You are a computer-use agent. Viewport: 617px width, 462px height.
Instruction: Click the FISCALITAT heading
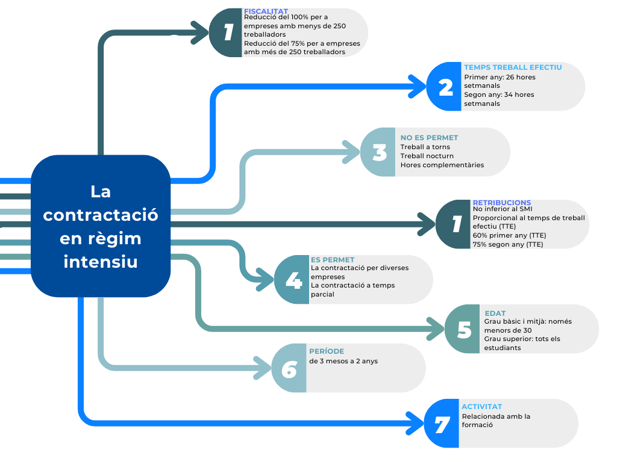(266, 11)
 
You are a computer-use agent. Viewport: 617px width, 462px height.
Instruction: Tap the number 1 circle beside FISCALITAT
(227, 32)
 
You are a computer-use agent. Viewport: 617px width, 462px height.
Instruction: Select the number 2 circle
(445, 87)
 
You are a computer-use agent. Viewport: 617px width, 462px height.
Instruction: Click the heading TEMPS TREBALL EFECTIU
(513, 67)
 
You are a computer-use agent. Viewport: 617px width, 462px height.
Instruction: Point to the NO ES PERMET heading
(429, 138)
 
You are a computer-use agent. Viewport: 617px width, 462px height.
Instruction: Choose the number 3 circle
(379, 152)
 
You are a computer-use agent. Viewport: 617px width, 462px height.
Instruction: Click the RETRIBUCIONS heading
(502, 203)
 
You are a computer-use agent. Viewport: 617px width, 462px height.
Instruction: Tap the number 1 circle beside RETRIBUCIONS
(455, 224)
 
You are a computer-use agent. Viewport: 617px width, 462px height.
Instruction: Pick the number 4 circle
(293, 280)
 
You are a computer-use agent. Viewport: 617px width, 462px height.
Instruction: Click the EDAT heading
(495, 313)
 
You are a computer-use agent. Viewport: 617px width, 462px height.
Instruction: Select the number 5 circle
(463, 329)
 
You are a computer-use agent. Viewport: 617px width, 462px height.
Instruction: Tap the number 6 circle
(289, 368)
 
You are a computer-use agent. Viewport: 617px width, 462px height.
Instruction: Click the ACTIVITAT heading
(482, 407)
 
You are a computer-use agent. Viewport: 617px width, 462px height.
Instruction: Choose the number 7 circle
(442, 423)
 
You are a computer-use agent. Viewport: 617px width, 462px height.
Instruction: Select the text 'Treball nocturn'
(427, 156)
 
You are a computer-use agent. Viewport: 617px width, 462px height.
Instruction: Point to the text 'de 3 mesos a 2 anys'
(343, 361)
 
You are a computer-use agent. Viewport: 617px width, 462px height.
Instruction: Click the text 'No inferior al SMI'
(503, 209)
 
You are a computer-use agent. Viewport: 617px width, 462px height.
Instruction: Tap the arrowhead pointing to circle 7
(416, 423)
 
